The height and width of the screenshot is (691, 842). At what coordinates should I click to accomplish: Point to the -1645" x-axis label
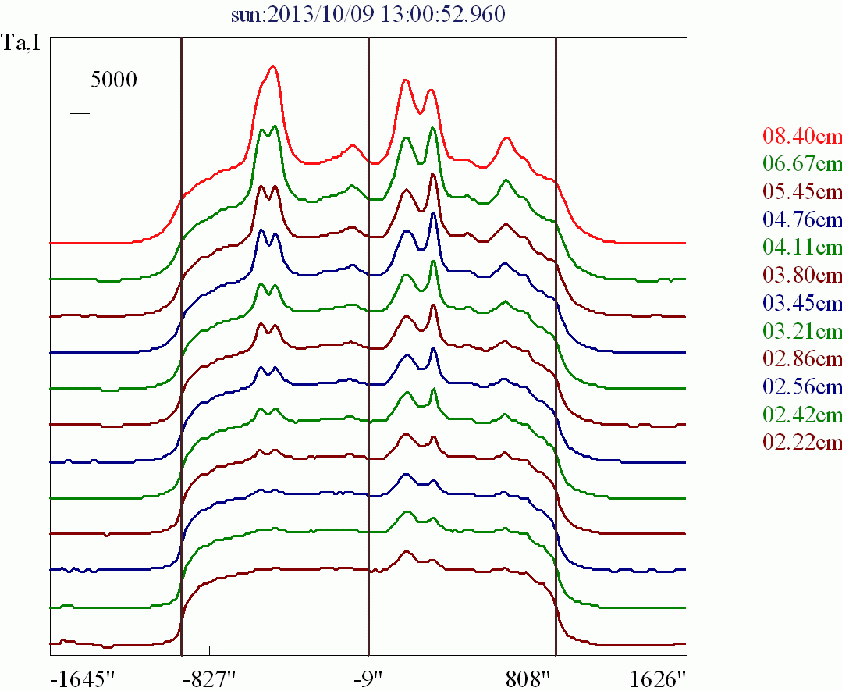click(82, 677)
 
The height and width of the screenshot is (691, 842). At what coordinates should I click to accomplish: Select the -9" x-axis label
click(368, 677)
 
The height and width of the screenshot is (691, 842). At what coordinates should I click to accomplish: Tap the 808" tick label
click(528, 677)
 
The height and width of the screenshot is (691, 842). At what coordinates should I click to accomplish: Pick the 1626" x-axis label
click(657, 677)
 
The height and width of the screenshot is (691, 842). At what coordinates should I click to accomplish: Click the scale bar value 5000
click(114, 80)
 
